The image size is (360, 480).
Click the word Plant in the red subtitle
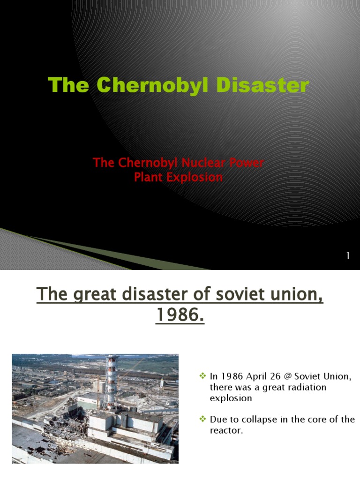pyautogui.click(x=146, y=178)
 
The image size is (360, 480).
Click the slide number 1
pyautogui.click(x=348, y=255)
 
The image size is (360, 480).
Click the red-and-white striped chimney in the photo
pyautogui.click(x=111, y=382)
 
